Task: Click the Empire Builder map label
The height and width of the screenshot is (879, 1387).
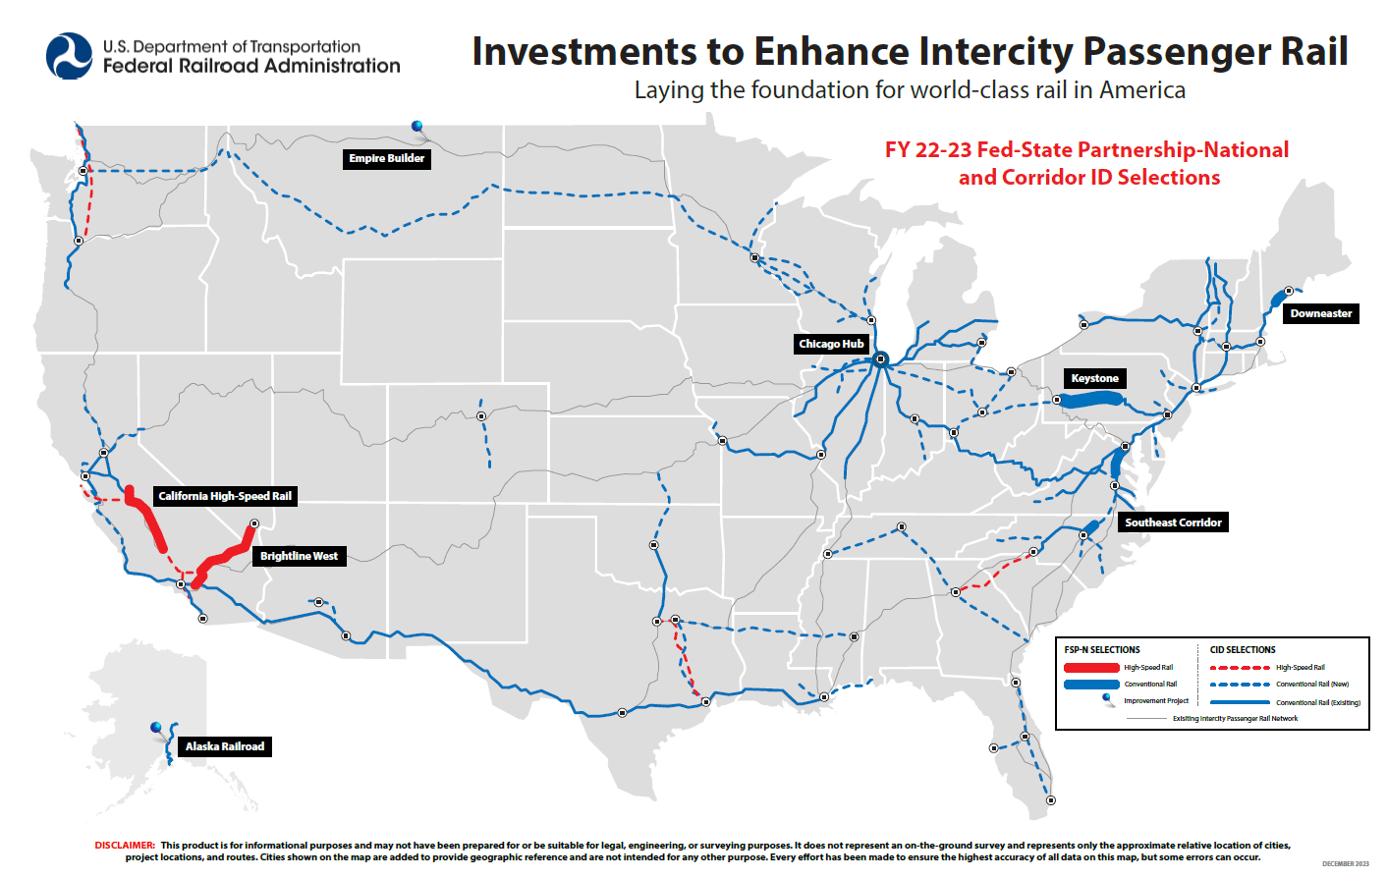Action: [386, 158]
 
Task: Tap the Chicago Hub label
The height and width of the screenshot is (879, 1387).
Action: [831, 344]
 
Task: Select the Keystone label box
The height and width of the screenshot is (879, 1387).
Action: [1094, 378]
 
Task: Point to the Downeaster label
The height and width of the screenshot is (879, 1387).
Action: [1320, 313]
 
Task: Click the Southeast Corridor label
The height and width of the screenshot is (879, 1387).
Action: [1173, 522]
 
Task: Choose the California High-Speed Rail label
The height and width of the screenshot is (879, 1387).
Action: [225, 496]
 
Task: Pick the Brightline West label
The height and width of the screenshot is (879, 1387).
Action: [299, 556]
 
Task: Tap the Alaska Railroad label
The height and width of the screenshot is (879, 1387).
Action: [225, 746]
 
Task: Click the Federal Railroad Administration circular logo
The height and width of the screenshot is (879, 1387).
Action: [70, 56]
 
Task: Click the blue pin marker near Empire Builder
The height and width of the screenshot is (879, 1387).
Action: [417, 126]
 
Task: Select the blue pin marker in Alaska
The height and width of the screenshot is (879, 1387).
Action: [156, 728]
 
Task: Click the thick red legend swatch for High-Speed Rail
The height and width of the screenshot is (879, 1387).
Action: [1091, 668]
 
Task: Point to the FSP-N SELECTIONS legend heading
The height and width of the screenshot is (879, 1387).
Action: [1102, 650]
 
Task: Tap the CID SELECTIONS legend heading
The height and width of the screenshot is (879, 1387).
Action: [1243, 650]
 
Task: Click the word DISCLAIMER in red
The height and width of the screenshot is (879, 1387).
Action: [125, 845]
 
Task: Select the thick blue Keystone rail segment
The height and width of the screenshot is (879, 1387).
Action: [1090, 400]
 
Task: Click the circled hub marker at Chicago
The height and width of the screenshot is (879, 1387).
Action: [881, 359]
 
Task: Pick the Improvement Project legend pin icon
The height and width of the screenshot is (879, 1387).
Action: [1108, 699]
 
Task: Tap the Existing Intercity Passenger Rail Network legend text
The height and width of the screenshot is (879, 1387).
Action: [1235, 718]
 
